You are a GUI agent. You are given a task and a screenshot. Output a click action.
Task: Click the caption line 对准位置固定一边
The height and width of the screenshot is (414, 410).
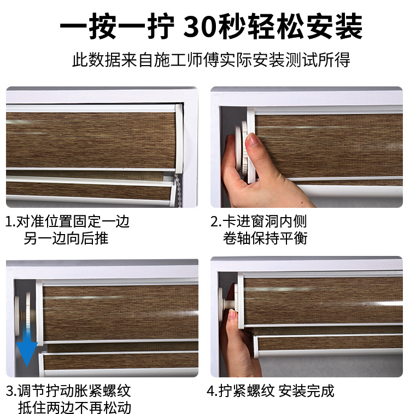68,221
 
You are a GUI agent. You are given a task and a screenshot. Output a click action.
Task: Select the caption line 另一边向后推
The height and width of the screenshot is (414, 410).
66,238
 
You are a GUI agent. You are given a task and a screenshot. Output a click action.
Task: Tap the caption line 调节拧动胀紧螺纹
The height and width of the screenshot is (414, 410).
68,391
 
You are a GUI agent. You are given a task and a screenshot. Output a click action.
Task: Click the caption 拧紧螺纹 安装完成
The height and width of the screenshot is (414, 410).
270,391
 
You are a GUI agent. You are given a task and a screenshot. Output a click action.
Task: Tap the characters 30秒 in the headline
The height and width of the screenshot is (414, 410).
215,26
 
